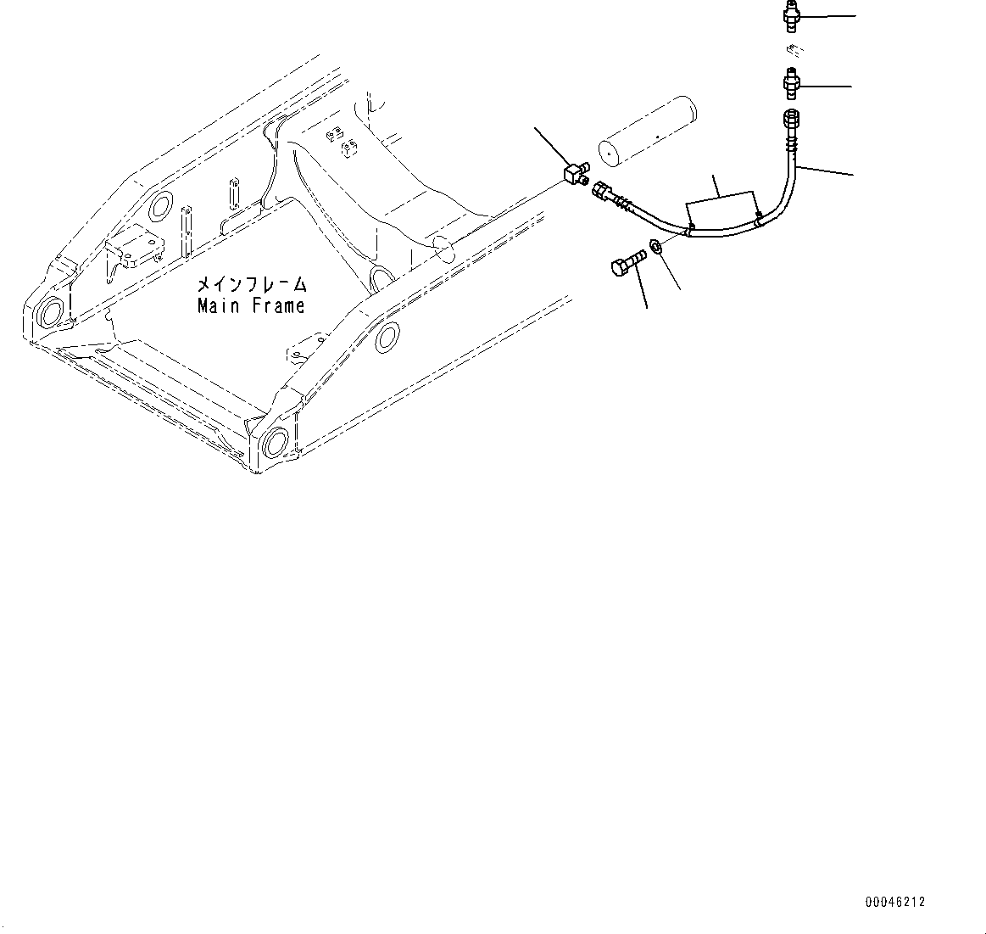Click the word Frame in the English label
[277, 306]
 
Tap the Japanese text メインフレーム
[252, 284]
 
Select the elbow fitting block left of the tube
[577, 175]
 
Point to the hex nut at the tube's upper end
[789, 118]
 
